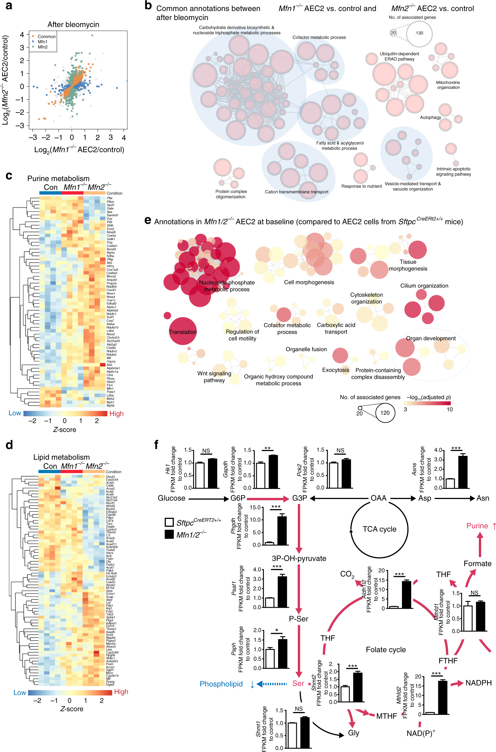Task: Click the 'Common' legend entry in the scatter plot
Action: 46,36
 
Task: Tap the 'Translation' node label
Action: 182,332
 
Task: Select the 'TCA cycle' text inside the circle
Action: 379,529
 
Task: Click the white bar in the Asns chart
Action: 450,483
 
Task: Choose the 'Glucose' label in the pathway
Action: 172,498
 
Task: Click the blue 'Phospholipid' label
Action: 221,684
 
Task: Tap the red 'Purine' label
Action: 477,526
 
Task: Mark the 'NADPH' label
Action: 478,683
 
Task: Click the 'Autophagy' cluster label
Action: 430,117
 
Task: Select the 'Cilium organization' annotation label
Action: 424,286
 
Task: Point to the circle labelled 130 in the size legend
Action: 419,33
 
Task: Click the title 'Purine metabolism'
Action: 58,179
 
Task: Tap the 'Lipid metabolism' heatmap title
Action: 61,457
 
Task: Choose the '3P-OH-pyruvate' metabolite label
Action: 299,558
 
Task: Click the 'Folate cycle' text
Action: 386,650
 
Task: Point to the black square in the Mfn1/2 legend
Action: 169,535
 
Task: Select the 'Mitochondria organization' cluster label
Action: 448,85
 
